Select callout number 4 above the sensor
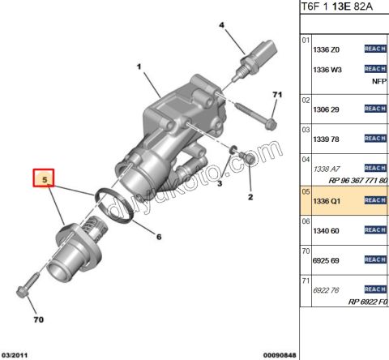point(220,26)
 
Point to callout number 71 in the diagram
point(276,96)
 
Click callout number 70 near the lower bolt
point(37,319)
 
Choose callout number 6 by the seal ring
point(159,237)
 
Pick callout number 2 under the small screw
point(250,197)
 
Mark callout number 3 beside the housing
point(219,185)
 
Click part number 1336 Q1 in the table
point(327,200)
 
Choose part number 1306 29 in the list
point(327,109)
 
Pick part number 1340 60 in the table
point(327,230)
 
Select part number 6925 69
point(327,260)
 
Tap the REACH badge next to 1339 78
point(375,138)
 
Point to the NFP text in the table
point(378,82)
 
